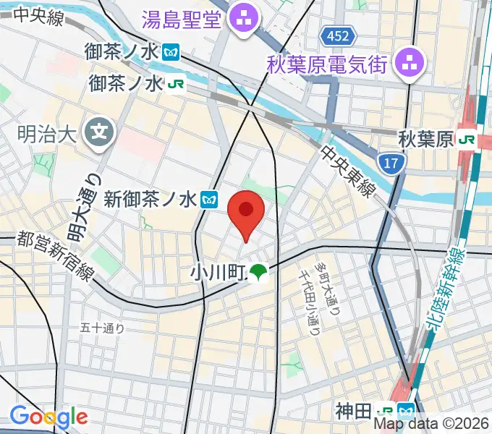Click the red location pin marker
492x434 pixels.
point(246,214)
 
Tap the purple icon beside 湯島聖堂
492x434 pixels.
point(240,19)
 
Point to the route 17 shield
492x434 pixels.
point(391,164)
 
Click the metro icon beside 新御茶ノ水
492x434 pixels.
point(210,198)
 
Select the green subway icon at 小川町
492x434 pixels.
point(258,273)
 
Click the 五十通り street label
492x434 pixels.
point(102,328)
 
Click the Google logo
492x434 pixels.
point(48,417)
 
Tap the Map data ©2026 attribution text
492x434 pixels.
point(431,424)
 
